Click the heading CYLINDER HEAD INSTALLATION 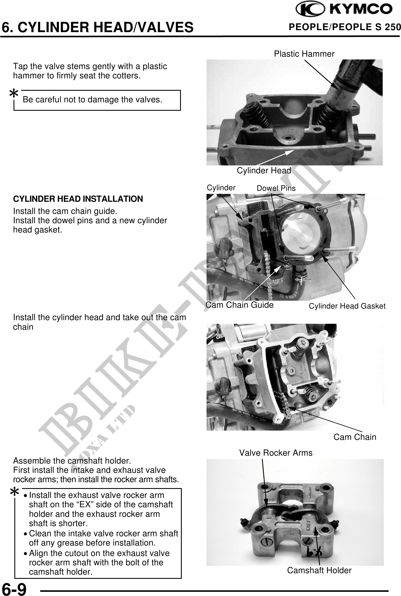[78, 199]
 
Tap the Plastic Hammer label [304, 54]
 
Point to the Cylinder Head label [264, 170]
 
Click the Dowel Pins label [276, 188]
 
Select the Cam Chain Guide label [240, 305]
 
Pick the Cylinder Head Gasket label [347, 306]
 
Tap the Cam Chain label [355, 437]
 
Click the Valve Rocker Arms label [276, 453]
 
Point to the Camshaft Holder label [319, 570]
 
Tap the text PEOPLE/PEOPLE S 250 [345, 27]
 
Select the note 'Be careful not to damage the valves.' [92, 99]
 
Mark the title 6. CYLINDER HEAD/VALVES [98, 27]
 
